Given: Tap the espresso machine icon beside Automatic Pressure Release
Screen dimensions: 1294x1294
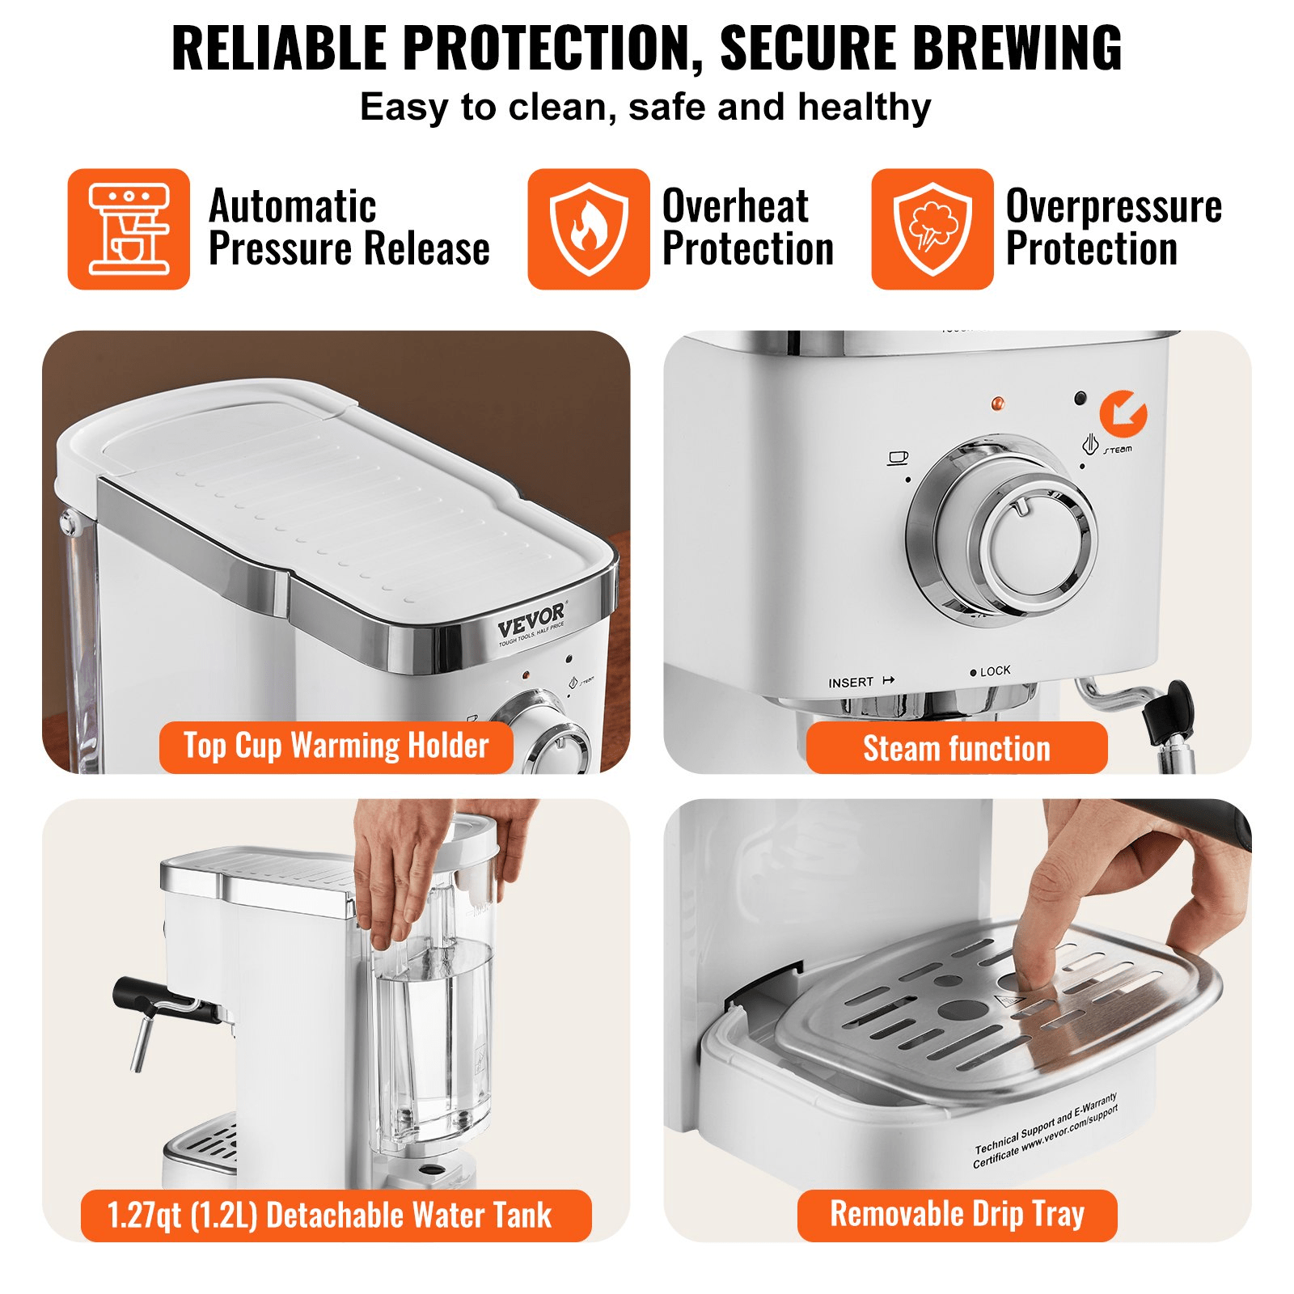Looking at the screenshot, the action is click(129, 229).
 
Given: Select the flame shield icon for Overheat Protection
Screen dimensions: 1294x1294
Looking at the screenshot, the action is click(588, 229).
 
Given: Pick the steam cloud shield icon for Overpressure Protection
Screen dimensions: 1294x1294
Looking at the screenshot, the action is click(932, 229).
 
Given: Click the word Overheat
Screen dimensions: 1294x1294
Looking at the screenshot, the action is click(735, 206).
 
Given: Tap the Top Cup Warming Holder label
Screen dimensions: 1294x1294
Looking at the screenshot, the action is click(336, 746).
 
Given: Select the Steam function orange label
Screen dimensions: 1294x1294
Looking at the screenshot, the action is click(957, 748).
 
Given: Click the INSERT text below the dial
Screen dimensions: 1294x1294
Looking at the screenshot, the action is click(851, 683).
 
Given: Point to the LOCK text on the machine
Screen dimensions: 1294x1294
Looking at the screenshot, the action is click(995, 671).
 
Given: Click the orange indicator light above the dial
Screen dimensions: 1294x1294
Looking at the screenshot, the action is click(997, 403).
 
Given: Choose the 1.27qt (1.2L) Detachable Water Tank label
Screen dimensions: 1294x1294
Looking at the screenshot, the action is click(336, 1216).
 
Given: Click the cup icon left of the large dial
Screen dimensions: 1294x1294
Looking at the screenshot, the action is click(898, 458).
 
